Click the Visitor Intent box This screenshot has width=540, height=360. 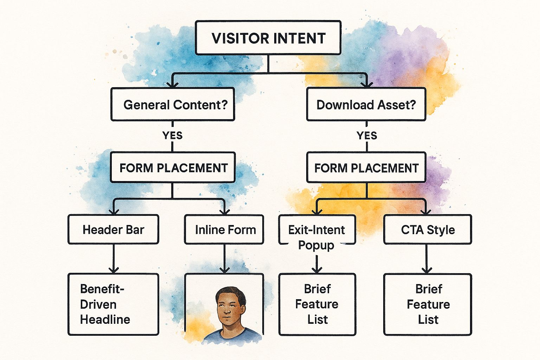click(x=268, y=38)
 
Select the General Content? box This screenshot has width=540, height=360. click(x=173, y=104)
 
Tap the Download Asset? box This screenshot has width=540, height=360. click(x=366, y=104)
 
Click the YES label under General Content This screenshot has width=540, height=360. click(x=172, y=135)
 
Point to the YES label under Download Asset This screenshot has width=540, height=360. click(x=367, y=135)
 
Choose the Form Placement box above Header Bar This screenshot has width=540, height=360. click(x=173, y=168)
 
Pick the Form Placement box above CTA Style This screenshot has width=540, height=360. click(x=366, y=168)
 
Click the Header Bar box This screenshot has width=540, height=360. click(x=113, y=230)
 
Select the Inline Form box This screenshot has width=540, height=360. click(x=224, y=230)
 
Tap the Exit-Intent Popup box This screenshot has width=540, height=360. click(x=317, y=230)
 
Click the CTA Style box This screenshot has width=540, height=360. click(x=427, y=230)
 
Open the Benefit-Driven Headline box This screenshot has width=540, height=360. click(x=113, y=304)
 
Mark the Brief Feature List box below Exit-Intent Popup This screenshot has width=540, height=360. click(x=317, y=304)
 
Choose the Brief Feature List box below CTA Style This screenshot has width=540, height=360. click(x=427, y=304)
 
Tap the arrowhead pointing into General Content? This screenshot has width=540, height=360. click(x=172, y=84)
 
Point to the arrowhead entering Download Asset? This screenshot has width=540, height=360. click(x=367, y=84)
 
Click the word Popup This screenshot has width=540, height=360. click(x=316, y=245)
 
